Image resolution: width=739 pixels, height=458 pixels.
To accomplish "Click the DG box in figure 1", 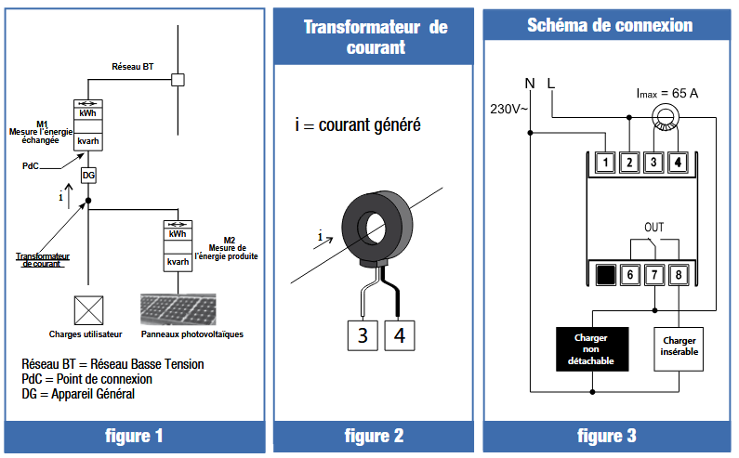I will tap(88, 176).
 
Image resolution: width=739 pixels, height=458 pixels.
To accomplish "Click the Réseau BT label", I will tap(133, 67).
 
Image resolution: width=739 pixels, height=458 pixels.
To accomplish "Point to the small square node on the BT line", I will tap(179, 80).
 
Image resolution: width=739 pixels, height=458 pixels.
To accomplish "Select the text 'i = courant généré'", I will tap(358, 123).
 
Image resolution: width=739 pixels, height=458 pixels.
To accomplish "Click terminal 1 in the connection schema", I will tap(605, 163).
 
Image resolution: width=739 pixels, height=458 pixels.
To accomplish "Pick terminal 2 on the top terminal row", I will tap(629, 163).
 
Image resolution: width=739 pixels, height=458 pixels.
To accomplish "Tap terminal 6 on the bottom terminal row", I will tap(629, 274).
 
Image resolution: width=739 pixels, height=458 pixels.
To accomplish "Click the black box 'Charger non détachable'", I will tap(591, 348).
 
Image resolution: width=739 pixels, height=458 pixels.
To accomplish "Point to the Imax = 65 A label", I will tap(666, 94).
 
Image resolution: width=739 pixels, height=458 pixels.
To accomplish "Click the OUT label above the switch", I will tap(654, 228).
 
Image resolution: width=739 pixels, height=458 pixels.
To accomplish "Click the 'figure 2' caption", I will tap(374, 436).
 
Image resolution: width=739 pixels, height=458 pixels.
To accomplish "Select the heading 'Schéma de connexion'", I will tap(610, 25).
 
